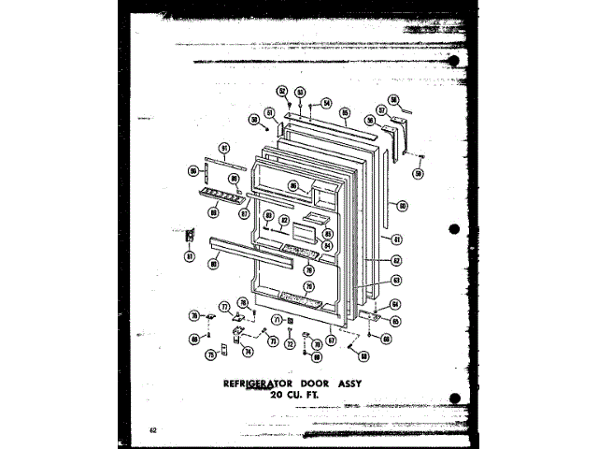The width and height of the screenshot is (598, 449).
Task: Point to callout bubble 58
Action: tap(394, 100)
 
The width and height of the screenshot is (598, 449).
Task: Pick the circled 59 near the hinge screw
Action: tap(418, 173)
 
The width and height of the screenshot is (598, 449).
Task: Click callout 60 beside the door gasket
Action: tap(402, 205)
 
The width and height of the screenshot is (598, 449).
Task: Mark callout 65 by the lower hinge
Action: tap(395, 321)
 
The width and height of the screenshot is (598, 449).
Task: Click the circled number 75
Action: tap(211, 355)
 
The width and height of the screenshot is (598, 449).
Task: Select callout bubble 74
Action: tap(249, 352)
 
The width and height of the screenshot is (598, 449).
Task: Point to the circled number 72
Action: tap(290, 344)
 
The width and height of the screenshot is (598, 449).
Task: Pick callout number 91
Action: tap(224, 149)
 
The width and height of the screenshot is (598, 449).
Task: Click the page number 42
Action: tap(151, 429)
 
